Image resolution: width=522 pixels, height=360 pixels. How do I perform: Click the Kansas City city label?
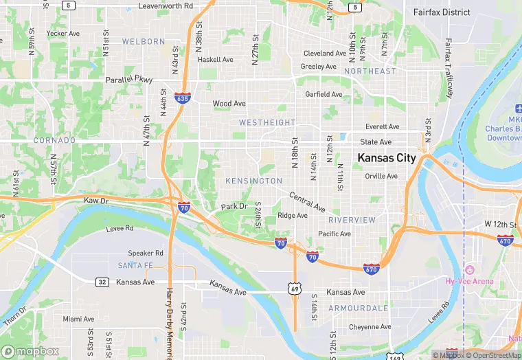click(x=386, y=158)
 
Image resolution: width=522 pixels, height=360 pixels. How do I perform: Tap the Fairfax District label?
click(x=442, y=12)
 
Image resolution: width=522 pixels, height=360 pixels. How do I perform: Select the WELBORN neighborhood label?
click(x=144, y=41)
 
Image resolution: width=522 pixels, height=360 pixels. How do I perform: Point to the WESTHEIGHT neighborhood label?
click(x=266, y=122)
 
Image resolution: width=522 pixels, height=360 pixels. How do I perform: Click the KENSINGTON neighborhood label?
click(x=253, y=181)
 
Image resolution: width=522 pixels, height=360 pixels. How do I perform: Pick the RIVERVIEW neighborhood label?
click(x=352, y=220)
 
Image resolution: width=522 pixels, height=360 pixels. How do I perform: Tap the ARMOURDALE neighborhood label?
click(x=358, y=308)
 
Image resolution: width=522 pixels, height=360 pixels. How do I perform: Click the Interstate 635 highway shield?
click(x=182, y=98)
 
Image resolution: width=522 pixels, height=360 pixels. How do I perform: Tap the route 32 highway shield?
click(x=102, y=282)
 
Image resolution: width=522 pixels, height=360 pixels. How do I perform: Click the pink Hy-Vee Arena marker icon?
click(x=470, y=269)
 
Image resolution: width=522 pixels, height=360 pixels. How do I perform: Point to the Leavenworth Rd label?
click(x=166, y=5)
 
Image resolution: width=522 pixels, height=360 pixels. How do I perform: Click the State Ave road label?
click(x=376, y=142)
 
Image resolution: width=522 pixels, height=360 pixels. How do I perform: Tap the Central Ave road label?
click(x=306, y=201)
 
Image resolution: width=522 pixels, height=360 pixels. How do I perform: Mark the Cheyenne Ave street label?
click(x=370, y=327)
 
